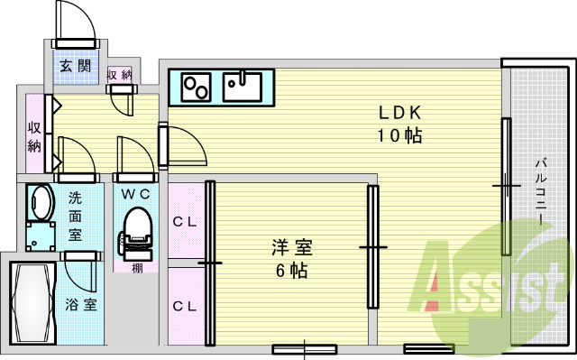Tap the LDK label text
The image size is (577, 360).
tap(399, 114)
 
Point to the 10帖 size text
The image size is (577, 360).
tap(399, 136)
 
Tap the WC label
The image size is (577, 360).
tap(137, 193)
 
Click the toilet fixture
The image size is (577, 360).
tap(136, 231)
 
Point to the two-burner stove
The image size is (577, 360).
tap(197, 88)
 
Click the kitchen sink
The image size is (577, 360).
tap(243, 88)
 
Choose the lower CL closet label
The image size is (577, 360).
tap(185, 307)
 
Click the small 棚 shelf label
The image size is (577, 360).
tap(135, 267)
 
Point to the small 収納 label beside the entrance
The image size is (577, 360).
tap(119, 75)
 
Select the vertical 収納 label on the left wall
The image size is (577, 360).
tap(34, 136)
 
